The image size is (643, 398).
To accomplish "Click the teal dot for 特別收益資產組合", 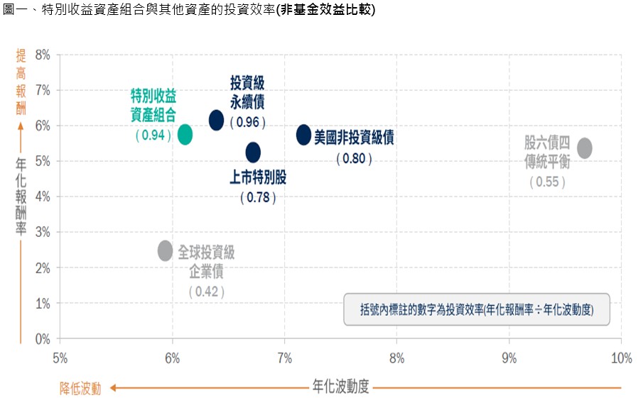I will [x=185, y=134].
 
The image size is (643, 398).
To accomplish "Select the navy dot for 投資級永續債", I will [x=217, y=121].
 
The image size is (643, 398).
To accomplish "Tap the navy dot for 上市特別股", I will [x=253, y=152].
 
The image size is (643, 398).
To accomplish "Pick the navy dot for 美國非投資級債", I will [x=303, y=134].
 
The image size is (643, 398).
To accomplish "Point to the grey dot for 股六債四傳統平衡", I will [x=585, y=148].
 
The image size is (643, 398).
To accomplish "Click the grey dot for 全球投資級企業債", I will [x=165, y=250].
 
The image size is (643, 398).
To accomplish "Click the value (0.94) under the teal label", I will [x=151, y=135].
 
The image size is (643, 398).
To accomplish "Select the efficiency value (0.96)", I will [x=247, y=122].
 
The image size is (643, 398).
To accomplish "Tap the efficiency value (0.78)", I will [x=258, y=197].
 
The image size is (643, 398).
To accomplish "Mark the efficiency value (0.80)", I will [x=354, y=158].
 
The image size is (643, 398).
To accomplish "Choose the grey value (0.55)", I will [x=547, y=182].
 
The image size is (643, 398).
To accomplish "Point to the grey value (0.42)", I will [x=207, y=291].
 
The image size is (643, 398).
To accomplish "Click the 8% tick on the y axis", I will [x=43, y=55].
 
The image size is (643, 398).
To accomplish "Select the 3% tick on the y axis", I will [x=43, y=232].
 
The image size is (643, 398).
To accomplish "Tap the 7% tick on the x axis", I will [x=285, y=358].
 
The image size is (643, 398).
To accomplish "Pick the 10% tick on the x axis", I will [x=621, y=358].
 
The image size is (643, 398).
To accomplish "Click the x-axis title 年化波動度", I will [x=340, y=387].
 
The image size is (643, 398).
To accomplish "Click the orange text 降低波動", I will [x=80, y=388].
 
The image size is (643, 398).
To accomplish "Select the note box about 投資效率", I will [x=477, y=309].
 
